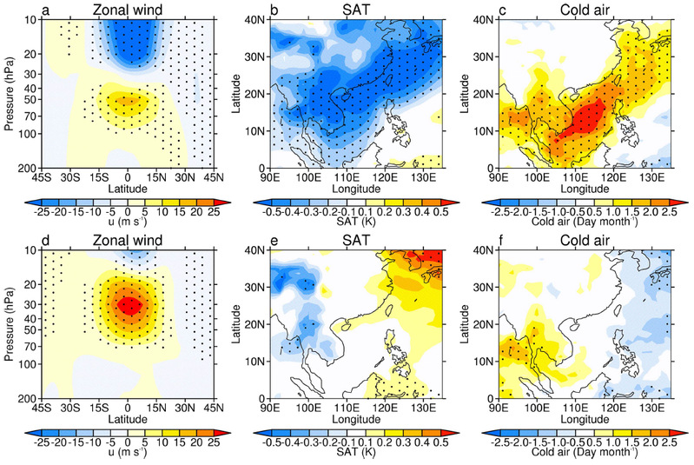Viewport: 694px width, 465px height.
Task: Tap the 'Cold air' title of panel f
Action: click(x=585, y=241)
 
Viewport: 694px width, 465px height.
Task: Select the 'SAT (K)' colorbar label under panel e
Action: click(x=358, y=455)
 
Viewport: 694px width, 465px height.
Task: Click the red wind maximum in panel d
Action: click(x=128, y=304)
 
